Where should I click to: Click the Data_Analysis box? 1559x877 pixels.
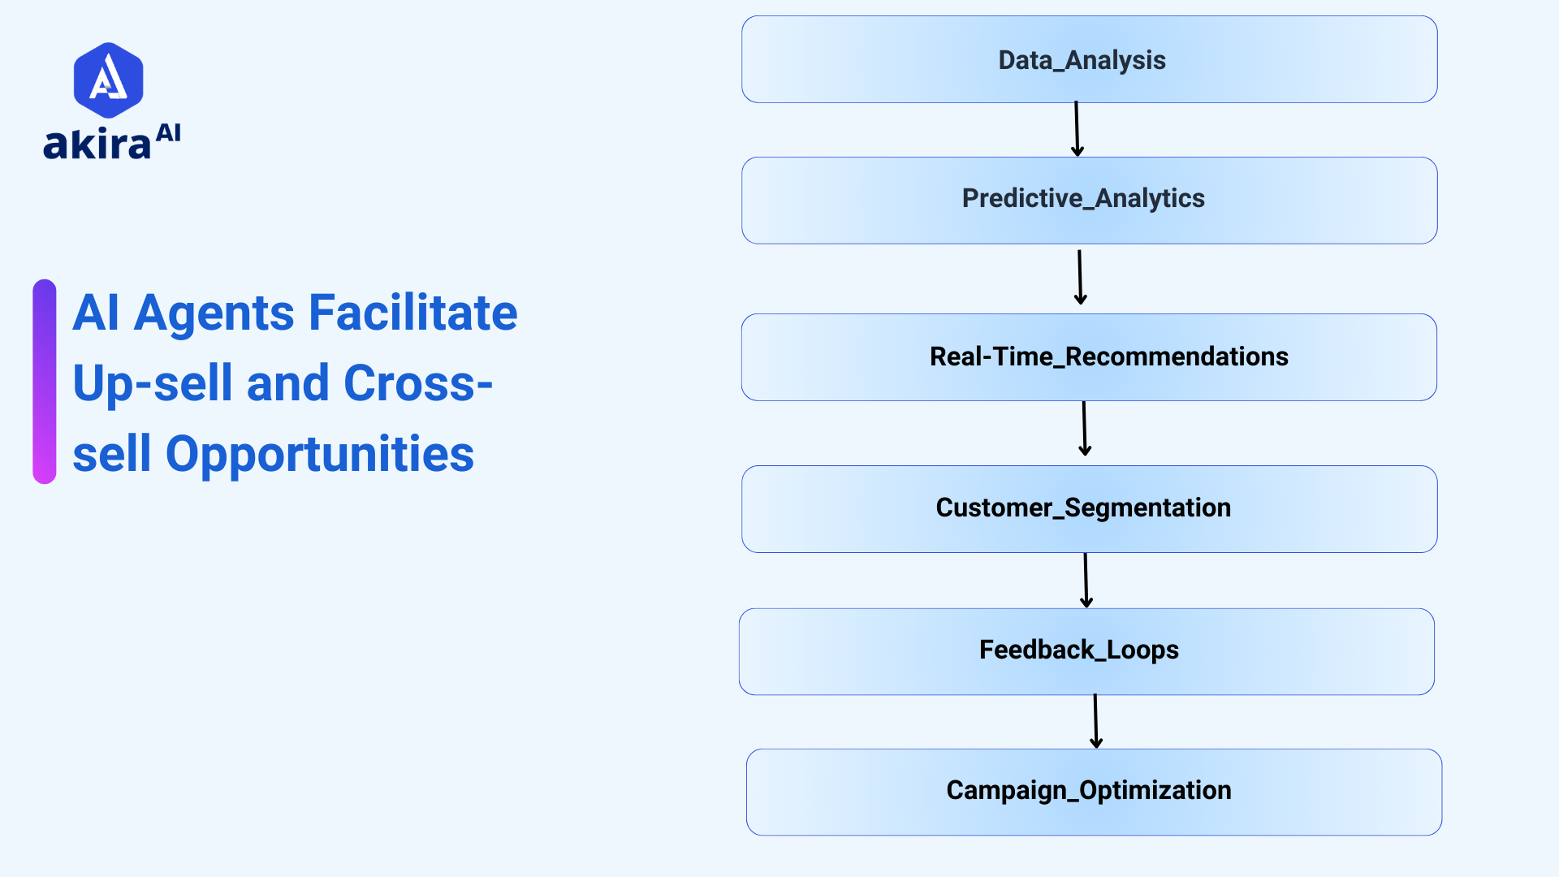click(1089, 59)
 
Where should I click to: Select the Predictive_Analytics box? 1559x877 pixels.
click(1089, 200)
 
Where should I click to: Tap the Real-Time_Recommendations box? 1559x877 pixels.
click(1089, 356)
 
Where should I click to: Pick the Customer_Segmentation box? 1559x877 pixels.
click(1089, 508)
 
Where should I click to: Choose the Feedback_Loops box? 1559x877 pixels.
click(1086, 650)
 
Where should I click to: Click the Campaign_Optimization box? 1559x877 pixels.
click(1094, 791)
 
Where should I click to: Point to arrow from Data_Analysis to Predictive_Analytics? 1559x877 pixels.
click(1077, 129)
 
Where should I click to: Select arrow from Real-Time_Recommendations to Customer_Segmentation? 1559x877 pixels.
click(1084, 429)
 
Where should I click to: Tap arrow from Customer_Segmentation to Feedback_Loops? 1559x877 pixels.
click(1086, 581)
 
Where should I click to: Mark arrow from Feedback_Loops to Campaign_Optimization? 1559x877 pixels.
click(1095, 721)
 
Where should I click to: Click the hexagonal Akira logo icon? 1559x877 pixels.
click(108, 80)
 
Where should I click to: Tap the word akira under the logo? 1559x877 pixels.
click(97, 145)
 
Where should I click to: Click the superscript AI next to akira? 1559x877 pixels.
click(168, 133)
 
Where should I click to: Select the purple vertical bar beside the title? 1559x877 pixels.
click(45, 382)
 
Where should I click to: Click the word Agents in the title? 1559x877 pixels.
click(214, 313)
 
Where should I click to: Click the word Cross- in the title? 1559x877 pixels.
click(417, 383)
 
